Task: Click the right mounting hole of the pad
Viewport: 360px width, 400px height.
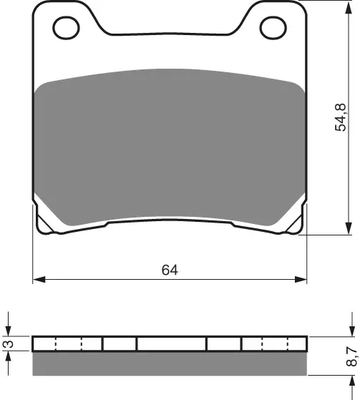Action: tap(273, 29)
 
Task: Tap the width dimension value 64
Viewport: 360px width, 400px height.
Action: tap(170, 270)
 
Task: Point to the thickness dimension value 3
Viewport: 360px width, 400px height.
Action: tap(8, 344)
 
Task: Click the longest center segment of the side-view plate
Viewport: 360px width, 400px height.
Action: tap(171, 344)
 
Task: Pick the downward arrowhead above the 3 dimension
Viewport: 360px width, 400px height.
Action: tap(8, 331)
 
